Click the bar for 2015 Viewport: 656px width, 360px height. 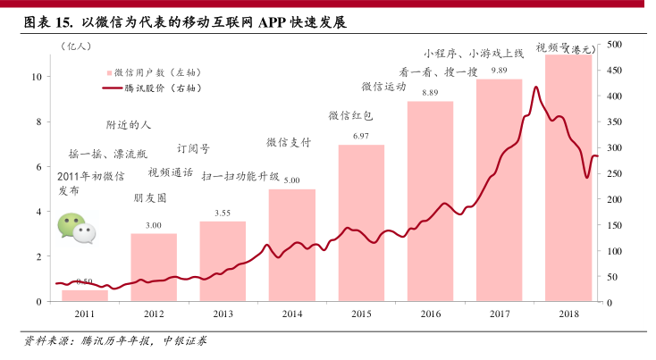361,223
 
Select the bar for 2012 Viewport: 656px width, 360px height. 154,267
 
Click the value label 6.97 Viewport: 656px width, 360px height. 361,136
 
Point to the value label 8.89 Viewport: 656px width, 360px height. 430,93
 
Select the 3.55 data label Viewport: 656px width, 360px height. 223,213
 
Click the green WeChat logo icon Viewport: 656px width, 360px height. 76,229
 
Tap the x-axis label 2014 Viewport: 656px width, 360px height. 291,314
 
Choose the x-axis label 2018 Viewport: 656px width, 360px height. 568,314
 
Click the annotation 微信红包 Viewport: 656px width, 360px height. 350,115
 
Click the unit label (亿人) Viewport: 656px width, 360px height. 79,43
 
